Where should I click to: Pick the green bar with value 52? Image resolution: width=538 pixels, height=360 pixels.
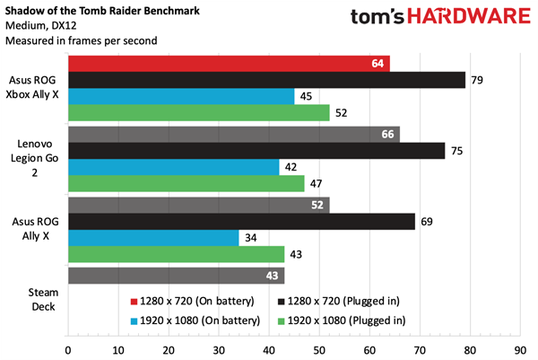[x=198, y=113]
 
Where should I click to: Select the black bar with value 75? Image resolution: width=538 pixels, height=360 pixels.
[x=256, y=151]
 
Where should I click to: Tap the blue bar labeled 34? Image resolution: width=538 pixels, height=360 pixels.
[x=153, y=238]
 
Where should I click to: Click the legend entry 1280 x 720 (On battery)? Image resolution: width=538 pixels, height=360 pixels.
[x=194, y=300]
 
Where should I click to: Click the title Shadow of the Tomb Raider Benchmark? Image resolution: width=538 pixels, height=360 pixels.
[x=103, y=10]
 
